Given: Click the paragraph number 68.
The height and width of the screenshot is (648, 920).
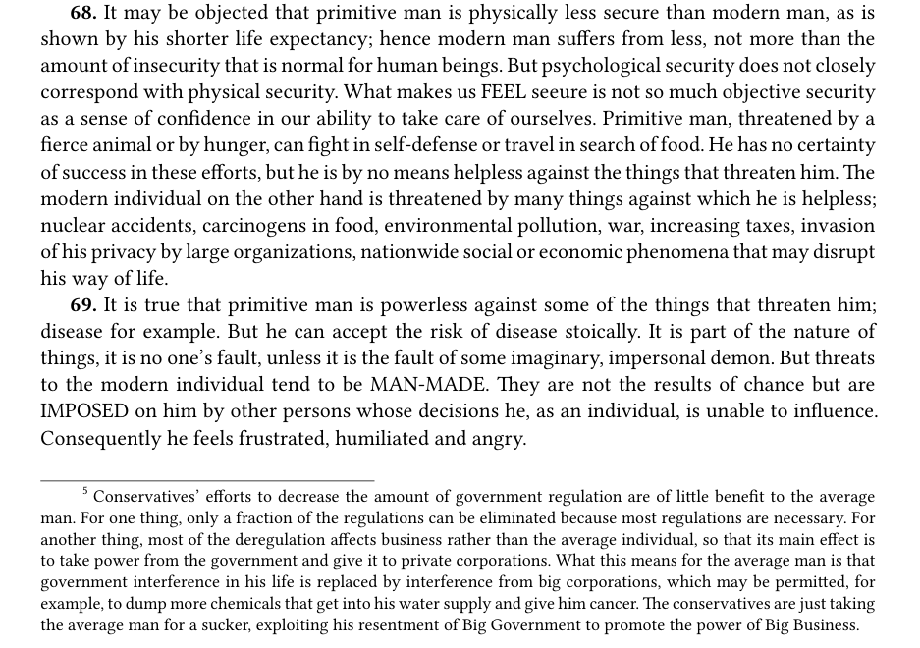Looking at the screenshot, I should pos(83,14).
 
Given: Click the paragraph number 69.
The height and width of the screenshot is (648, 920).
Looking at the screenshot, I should pos(83,305).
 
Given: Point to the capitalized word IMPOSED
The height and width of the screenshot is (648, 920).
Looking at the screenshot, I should pos(84,411).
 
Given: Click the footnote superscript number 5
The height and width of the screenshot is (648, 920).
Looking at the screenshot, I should pos(85,492).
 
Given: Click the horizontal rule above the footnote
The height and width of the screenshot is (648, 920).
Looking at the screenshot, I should pos(207,480).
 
